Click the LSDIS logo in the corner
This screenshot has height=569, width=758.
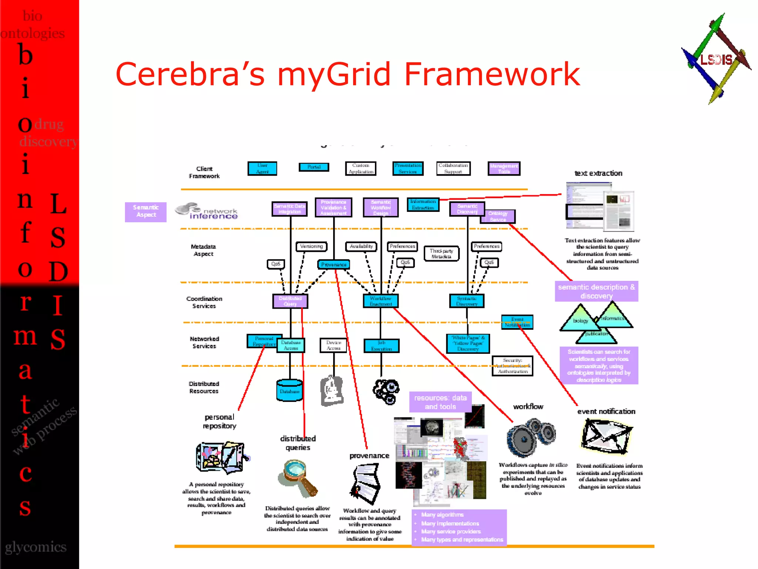(716, 59)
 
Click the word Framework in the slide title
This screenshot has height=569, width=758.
(492, 74)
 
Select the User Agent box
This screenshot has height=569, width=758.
(262, 169)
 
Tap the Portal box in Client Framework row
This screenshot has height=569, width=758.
(313, 167)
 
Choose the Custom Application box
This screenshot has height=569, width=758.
(360, 169)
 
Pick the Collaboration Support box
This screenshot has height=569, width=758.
(453, 169)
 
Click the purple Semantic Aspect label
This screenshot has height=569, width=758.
(146, 212)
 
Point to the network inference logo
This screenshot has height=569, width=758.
(207, 211)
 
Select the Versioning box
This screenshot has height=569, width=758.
(311, 246)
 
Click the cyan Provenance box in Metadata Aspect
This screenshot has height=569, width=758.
(333, 264)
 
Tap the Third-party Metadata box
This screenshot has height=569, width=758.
(441, 254)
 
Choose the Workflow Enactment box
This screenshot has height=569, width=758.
(380, 301)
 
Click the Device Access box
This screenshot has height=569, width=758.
(333, 345)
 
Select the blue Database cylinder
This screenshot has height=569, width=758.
(289, 390)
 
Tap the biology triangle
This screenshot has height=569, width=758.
(580, 320)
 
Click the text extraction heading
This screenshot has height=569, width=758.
(598, 173)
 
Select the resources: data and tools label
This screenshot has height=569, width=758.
(440, 402)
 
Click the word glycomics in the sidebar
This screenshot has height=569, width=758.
(36, 547)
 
